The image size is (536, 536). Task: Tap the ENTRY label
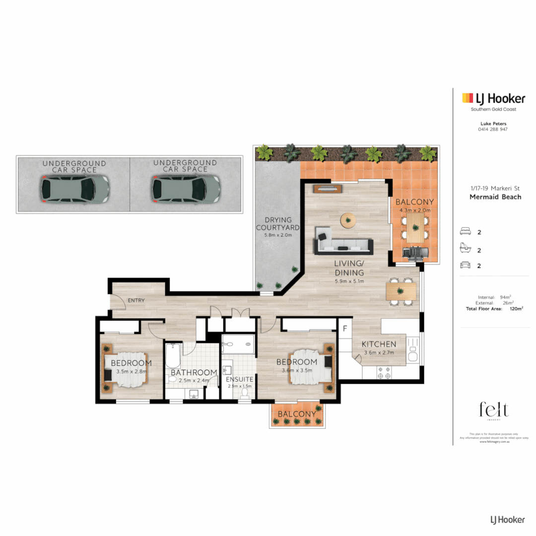click(135, 301)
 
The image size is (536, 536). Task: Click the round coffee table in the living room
click(348, 220)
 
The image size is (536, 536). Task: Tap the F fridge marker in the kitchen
click(344, 329)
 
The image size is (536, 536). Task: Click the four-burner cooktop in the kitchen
click(384, 373)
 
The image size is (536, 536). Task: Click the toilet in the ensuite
click(244, 393)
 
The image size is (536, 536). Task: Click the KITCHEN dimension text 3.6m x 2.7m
click(378, 353)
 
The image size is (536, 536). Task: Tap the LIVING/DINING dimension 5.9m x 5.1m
click(349, 281)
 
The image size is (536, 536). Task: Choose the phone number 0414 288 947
click(492, 129)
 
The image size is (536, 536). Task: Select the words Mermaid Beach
click(495, 197)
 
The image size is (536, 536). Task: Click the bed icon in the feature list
click(466, 232)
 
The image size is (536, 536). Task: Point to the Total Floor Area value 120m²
click(516, 309)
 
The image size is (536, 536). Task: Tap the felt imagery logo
click(494, 411)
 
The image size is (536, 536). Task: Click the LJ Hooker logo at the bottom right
click(507, 520)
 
